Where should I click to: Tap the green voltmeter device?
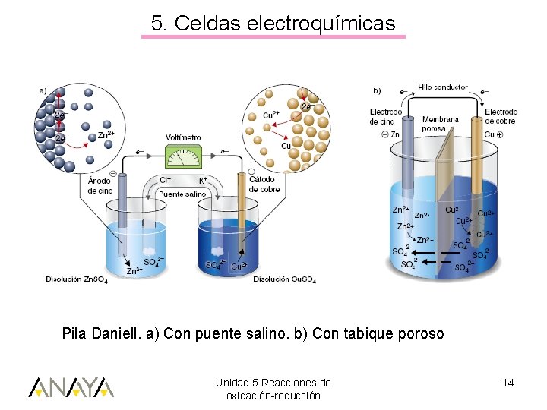click(184, 156)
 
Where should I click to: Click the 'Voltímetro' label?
click(184, 137)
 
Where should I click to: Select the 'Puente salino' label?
click(182, 194)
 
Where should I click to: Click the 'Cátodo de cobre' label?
click(264, 184)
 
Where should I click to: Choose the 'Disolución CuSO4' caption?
click(285, 279)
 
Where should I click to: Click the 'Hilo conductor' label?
click(443, 87)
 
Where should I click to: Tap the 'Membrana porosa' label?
click(440, 124)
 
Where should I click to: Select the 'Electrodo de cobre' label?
click(500, 116)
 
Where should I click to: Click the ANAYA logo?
click(71, 387)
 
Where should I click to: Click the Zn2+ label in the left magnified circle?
click(106, 134)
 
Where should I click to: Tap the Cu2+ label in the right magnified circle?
click(270, 115)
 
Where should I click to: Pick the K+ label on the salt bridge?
click(203, 181)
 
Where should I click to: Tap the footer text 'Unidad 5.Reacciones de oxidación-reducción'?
click(273, 389)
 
